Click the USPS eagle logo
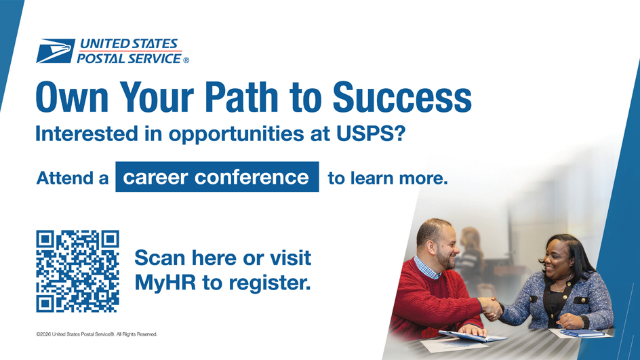point(56,51)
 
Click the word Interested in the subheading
point(79,134)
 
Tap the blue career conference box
point(217,177)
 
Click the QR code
point(77,271)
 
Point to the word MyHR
point(165,282)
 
